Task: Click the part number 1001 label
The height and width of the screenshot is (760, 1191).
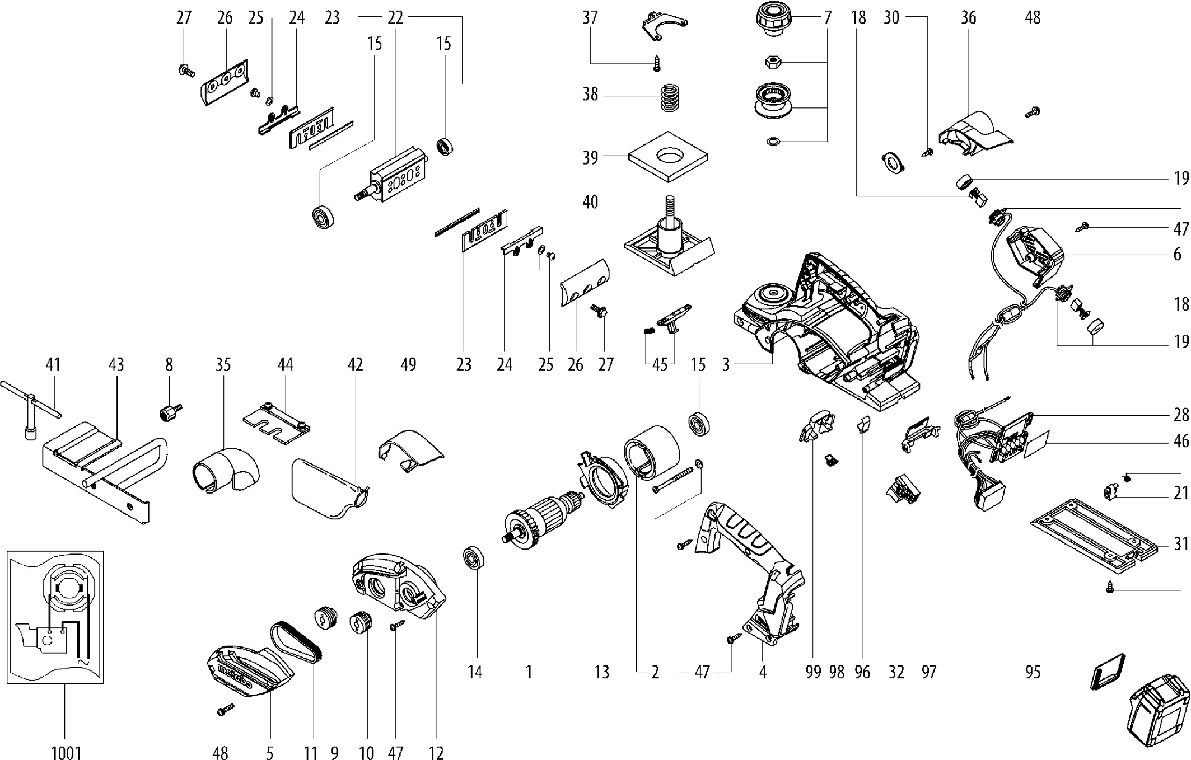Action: click(66, 752)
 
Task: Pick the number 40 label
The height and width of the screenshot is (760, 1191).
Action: click(590, 201)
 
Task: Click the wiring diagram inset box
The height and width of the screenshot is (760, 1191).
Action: click(55, 617)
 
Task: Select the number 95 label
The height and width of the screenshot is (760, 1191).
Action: click(1033, 672)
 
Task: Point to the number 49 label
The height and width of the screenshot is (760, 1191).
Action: click(408, 365)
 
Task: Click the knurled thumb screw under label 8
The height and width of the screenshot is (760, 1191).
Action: click(166, 414)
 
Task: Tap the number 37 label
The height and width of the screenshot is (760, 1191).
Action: click(590, 17)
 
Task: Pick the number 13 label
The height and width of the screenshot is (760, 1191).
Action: click(601, 672)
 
